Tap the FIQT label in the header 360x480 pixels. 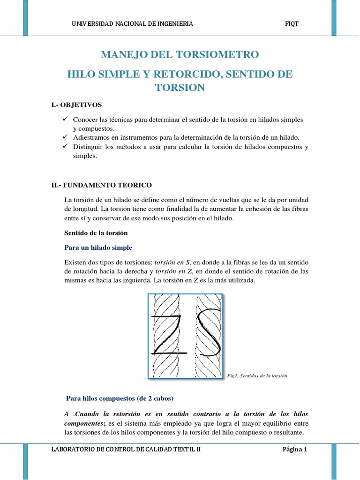click(292, 24)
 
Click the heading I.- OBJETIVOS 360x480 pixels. click(76, 105)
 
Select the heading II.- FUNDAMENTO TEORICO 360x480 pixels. click(102, 185)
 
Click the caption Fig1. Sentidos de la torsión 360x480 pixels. click(256, 376)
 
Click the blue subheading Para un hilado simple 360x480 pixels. click(97, 247)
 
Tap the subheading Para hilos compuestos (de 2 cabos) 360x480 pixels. click(120, 399)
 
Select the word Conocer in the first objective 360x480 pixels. click(84, 120)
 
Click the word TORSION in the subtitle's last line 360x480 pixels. click(180, 88)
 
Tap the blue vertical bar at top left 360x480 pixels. click(25, 18)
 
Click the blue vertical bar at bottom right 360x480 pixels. click(334, 461)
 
